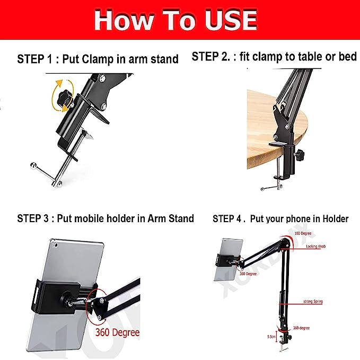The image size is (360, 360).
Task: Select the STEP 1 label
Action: point(34,59)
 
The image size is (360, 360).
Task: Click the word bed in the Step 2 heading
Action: point(347,56)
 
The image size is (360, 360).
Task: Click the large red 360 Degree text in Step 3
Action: point(118,332)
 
